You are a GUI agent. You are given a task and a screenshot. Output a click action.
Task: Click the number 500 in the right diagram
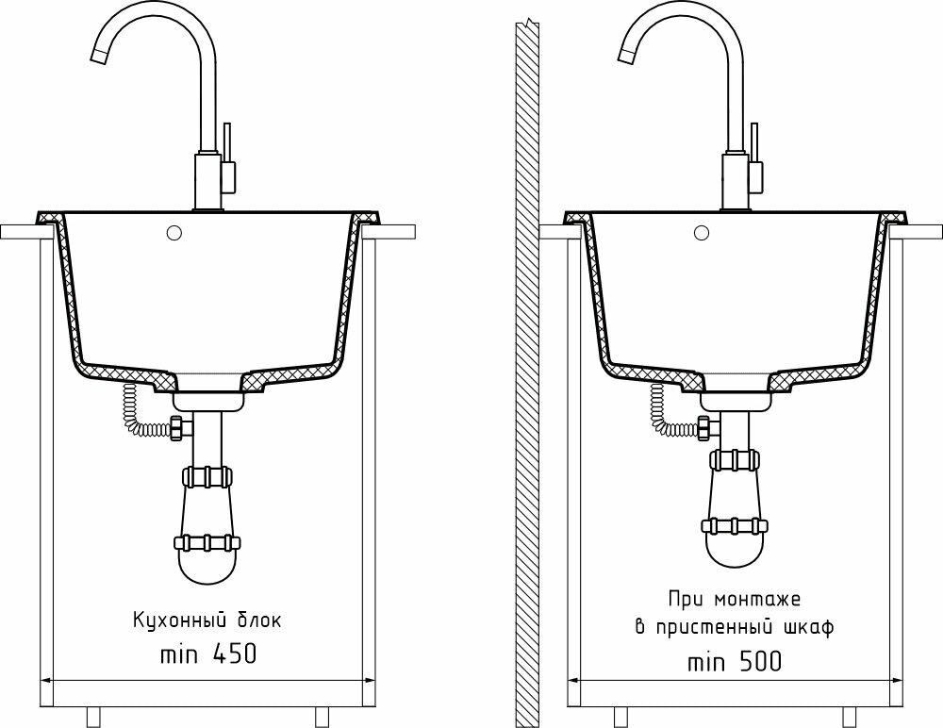(x=756, y=662)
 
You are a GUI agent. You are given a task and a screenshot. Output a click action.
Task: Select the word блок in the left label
(x=256, y=620)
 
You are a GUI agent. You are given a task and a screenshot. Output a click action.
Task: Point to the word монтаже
(x=753, y=600)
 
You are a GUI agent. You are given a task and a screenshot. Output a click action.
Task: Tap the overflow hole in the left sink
(x=173, y=231)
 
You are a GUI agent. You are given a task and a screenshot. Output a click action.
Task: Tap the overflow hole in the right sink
(x=700, y=231)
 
